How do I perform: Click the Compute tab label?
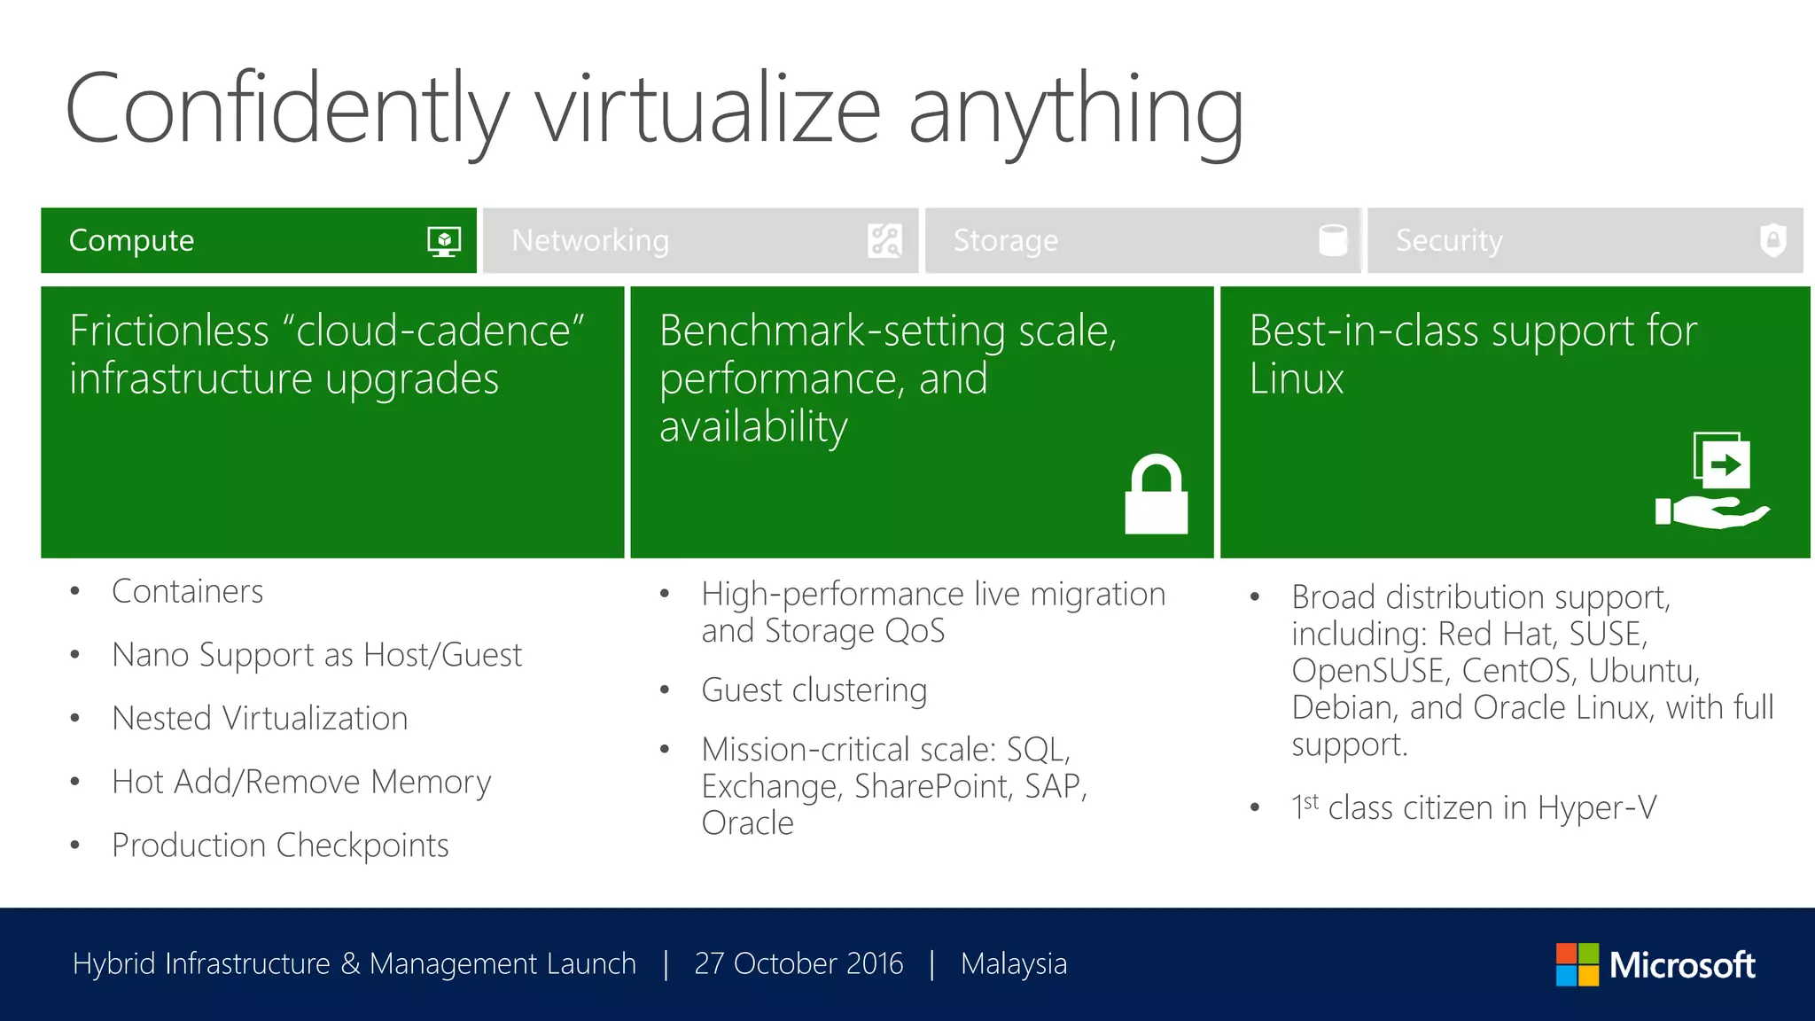coord(131,240)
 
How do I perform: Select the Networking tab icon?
coord(884,240)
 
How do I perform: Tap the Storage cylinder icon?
coord(1332,240)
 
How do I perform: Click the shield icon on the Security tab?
coord(1772,240)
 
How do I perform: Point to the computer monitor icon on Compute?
coord(444,241)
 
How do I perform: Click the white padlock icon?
coord(1156,495)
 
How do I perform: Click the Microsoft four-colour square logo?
coord(1577,964)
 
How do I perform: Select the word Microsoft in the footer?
coord(1682,964)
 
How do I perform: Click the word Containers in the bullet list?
coord(188,591)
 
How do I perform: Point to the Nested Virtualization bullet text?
coord(260,718)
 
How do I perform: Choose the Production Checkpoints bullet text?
coord(280,846)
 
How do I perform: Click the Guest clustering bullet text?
coord(814,690)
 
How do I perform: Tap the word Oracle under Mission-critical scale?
coord(747,823)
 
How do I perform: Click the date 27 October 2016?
coord(798,963)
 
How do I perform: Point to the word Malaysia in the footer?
coord(1014,963)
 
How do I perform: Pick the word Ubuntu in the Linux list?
coord(1642,671)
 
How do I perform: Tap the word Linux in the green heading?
coord(1296,379)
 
